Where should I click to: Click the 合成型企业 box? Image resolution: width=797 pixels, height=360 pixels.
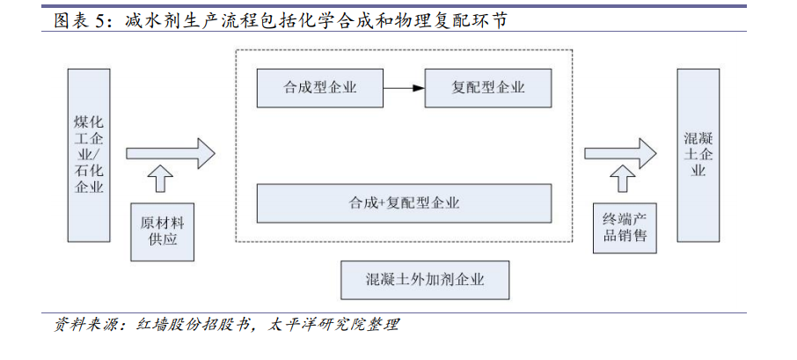[x=319, y=88]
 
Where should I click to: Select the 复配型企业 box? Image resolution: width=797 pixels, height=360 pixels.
[x=488, y=88]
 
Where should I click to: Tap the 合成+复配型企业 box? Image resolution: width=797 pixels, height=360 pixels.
[x=404, y=203]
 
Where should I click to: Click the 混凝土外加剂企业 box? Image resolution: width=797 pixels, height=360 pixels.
[x=425, y=280]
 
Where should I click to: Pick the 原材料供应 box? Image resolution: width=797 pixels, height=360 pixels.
[x=163, y=231]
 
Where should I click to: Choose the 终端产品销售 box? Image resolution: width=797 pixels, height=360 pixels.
[x=625, y=228]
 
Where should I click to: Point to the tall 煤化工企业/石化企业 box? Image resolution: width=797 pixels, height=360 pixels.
[x=89, y=155]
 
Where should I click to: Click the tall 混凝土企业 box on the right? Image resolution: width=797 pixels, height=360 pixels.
[x=698, y=155]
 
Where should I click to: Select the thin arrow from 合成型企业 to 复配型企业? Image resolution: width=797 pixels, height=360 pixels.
[x=404, y=88]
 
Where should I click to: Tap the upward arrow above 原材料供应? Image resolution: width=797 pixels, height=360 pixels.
[x=160, y=178]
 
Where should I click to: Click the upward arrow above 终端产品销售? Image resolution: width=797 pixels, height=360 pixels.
[x=622, y=178]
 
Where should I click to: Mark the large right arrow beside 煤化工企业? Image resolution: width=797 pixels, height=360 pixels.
[x=171, y=153]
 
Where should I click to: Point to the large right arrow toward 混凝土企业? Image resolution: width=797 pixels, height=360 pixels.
[x=620, y=153]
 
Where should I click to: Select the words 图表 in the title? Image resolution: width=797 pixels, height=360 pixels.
[x=70, y=21]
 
